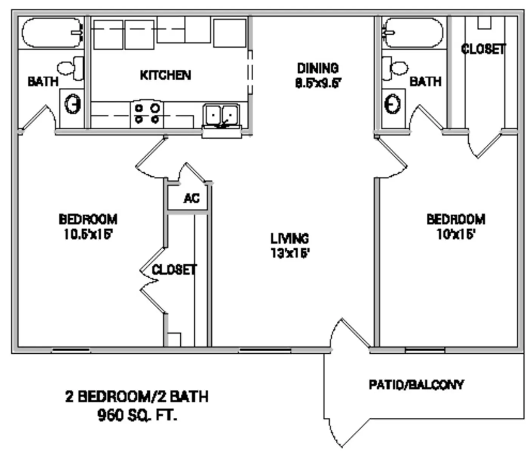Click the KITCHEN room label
165,75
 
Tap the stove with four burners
147,113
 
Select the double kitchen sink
221,114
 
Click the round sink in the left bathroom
73,104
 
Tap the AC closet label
191,198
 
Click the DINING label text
318,68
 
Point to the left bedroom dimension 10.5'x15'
88,235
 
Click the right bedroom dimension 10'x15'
456,235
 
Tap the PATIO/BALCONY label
416,385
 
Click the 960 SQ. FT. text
137,415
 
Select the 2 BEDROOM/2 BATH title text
137,396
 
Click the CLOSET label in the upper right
483,49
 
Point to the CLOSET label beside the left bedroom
174,270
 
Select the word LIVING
290,238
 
